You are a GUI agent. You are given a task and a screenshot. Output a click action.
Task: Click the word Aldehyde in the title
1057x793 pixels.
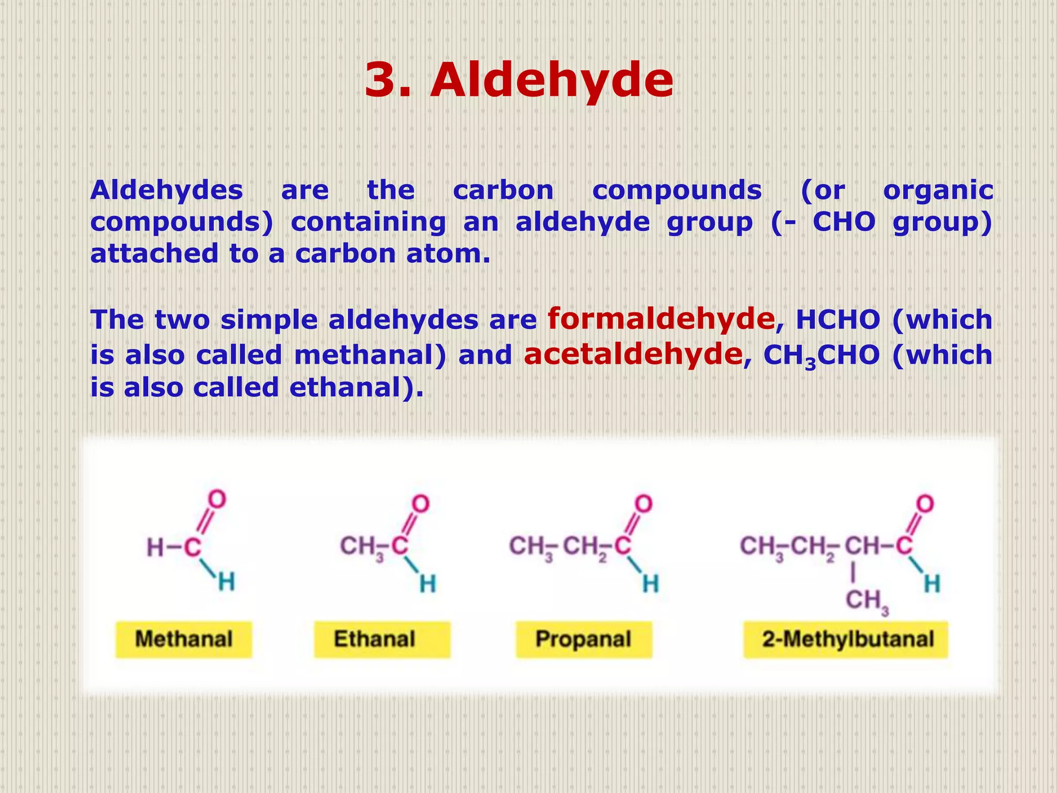click(x=551, y=81)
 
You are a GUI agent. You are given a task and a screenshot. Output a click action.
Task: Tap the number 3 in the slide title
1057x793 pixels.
click(x=382, y=81)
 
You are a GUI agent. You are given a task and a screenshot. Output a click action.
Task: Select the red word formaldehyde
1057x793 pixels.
click(x=661, y=319)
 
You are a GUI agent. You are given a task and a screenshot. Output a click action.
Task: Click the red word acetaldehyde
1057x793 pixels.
click(x=633, y=355)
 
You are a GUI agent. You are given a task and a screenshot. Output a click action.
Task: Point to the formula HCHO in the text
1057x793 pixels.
click(x=838, y=320)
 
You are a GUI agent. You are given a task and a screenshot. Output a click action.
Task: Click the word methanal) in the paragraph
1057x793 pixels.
click(x=370, y=355)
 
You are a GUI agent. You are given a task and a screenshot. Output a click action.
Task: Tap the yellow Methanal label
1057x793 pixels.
click(x=184, y=639)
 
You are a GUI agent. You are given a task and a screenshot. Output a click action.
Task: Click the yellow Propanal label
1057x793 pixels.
click(x=583, y=639)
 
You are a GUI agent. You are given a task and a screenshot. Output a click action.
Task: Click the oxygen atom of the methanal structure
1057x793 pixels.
click(x=217, y=500)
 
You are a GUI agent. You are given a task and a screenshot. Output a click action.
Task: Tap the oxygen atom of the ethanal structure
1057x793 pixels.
click(x=421, y=503)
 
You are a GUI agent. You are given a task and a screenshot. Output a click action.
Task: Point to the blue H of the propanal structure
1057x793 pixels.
click(x=650, y=584)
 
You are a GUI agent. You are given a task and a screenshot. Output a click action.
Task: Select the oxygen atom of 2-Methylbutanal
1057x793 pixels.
click(x=925, y=503)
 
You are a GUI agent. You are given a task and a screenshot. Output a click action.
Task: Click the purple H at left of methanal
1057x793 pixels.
click(x=155, y=548)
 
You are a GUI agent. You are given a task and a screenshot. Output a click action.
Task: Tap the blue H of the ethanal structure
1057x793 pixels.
click(x=427, y=584)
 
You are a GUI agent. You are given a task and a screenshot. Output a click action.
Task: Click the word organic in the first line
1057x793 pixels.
click(x=938, y=190)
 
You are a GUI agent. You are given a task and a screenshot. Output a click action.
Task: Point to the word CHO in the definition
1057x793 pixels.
click(x=844, y=222)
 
